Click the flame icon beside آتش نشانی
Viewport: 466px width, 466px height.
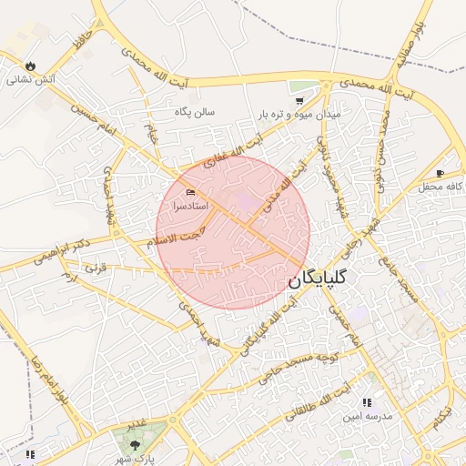32,66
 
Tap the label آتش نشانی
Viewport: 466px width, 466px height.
32,80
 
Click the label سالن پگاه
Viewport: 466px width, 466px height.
195,112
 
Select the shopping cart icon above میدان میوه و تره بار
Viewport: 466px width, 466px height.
299,101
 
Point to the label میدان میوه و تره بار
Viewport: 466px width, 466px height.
299,115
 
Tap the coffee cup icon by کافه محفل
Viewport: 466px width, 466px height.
441,173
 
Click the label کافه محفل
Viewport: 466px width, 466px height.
441,187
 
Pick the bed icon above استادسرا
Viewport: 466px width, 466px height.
190,193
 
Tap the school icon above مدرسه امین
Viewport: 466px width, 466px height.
367,401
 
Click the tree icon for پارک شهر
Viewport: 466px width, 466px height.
135,445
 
